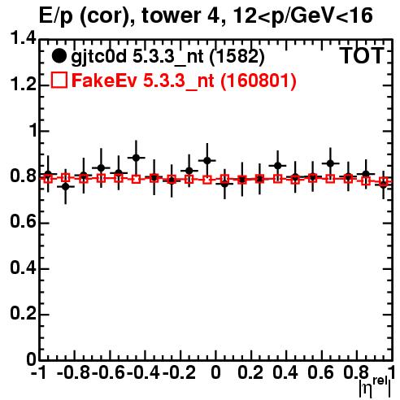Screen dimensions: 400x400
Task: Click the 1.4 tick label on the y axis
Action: [x=23, y=38]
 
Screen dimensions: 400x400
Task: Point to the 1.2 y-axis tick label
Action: [x=23, y=84]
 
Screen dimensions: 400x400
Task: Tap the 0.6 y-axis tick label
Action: [x=23, y=221]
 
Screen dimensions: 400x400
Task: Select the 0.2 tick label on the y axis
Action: [x=23, y=313]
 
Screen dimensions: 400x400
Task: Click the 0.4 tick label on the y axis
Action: [x=23, y=267]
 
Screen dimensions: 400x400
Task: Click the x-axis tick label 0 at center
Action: [x=215, y=372]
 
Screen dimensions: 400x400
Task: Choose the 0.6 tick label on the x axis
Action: [x=320, y=372]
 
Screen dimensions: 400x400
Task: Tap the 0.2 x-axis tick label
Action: [x=250, y=372]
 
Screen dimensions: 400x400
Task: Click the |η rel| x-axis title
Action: [x=375, y=387]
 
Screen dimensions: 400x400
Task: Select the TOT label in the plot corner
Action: [x=363, y=55]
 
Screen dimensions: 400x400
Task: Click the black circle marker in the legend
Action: [x=59, y=56]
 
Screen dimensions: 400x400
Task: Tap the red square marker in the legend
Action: [x=59, y=80]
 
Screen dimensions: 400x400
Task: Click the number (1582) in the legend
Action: [x=237, y=56]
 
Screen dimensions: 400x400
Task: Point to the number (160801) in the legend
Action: [x=259, y=80]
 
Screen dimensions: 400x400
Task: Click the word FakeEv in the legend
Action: [x=104, y=80]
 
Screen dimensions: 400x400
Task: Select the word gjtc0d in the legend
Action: [x=99, y=58]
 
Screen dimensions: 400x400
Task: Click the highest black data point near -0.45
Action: [x=136, y=158]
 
